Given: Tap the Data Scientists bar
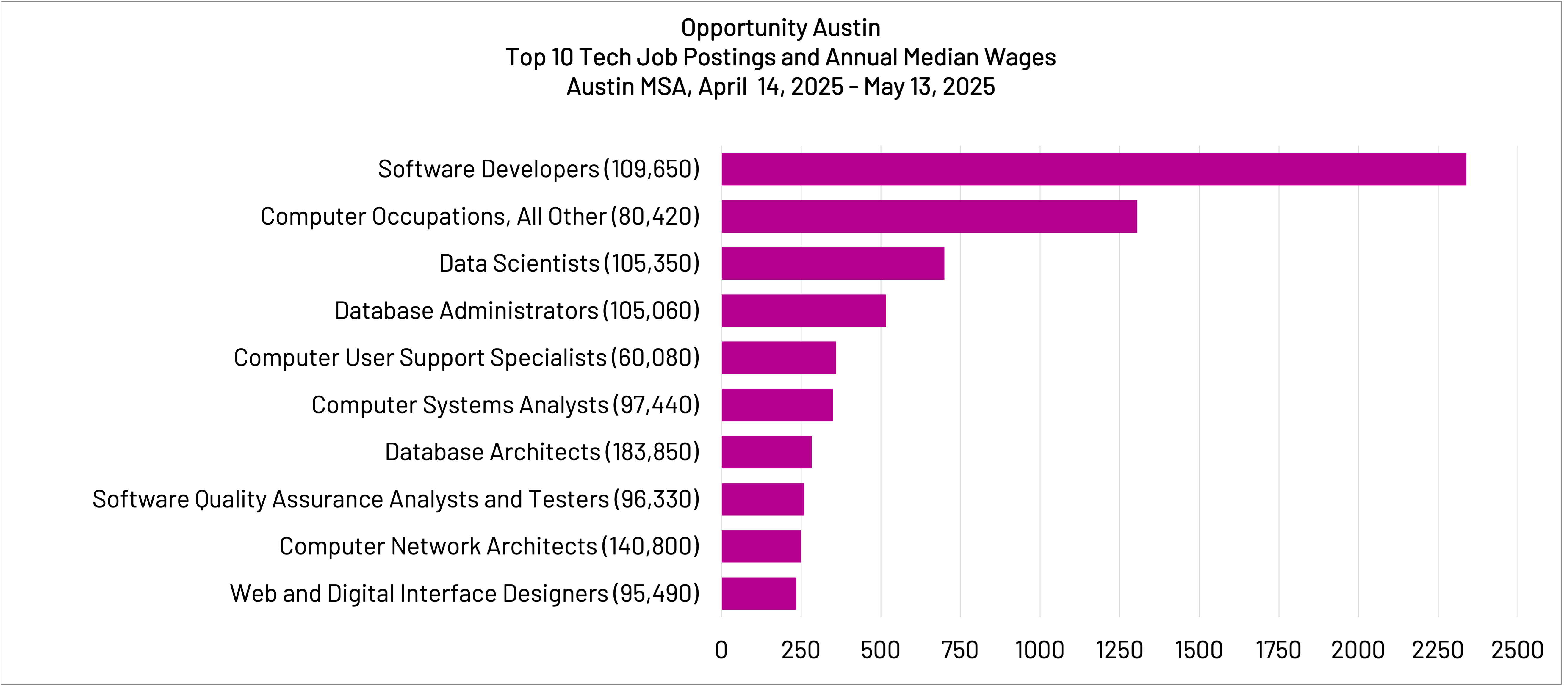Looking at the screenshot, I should pyautogui.click(x=832, y=263).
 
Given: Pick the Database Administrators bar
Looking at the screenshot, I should pyautogui.click(x=803, y=311).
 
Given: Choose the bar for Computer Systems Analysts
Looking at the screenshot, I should pyautogui.click(x=776, y=405).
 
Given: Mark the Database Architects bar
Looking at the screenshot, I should pyautogui.click(x=766, y=452).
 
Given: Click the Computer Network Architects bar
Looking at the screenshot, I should pyautogui.click(x=761, y=546).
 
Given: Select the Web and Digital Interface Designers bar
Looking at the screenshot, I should pyautogui.click(x=758, y=594).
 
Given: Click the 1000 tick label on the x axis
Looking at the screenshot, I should pyautogui.click(x=1039, y=650).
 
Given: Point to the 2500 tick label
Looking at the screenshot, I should pyautogui.click(x=1517, y=650).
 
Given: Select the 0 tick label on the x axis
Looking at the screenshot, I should pyautogui.click(x=721, y=650).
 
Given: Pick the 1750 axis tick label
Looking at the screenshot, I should pyautogui.click(x=1278, y=650).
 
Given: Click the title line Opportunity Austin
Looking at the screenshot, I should pyautogui.click(x=781, y=28).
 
